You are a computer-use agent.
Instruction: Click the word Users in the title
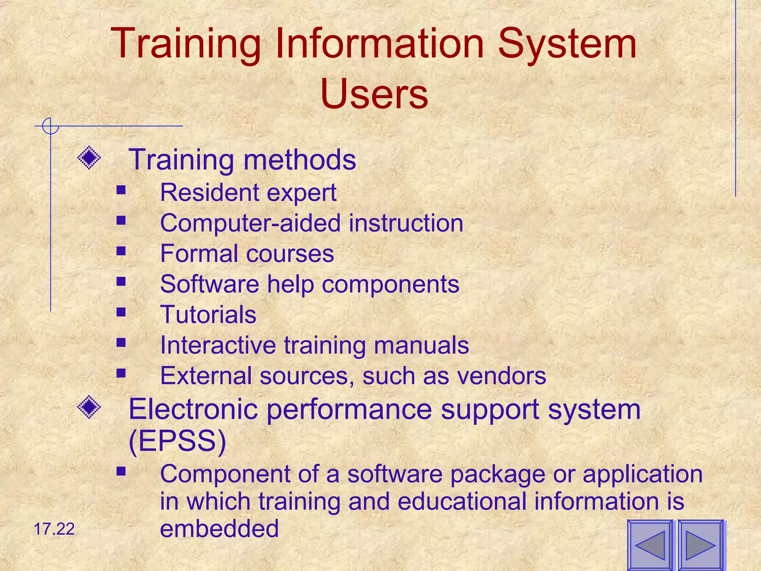[x=374, y=94]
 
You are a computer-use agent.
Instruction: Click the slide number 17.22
[x=54, y=529]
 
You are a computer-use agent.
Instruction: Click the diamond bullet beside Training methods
[x=89, y=158]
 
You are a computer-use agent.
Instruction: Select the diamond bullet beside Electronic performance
[x=89, y=407]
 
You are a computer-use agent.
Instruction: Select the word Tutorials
[x=208, y=314]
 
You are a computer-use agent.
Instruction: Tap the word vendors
[x=502, y=375]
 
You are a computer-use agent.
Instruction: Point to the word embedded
[x=219, y=529]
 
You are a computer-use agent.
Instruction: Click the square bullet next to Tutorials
[x=121, y=312]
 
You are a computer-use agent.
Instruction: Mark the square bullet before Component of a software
[x=121, y=471]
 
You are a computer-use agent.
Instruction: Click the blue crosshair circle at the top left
[x=51, y=126]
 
